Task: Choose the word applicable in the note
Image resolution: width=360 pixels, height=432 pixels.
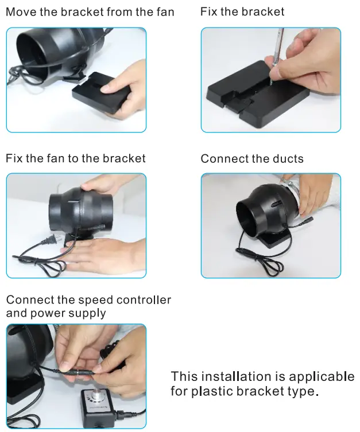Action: point(322,377)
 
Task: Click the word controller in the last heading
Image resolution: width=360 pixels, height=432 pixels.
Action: point(144,300)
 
